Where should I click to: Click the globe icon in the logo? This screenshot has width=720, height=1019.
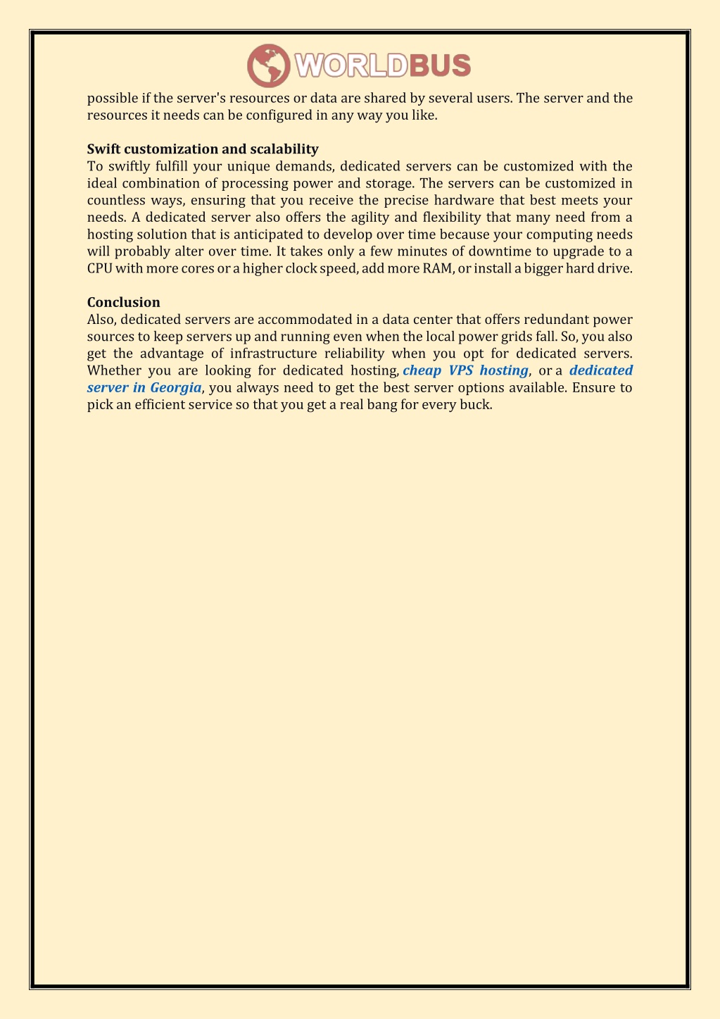268,65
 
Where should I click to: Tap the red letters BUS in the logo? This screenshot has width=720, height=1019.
440,66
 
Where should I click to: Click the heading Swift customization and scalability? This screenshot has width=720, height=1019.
203,149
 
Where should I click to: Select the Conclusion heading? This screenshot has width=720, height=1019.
124,303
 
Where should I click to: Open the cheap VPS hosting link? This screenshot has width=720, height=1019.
465,370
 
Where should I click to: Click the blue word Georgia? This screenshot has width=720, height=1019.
175,387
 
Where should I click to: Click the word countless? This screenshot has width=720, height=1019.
115,200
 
